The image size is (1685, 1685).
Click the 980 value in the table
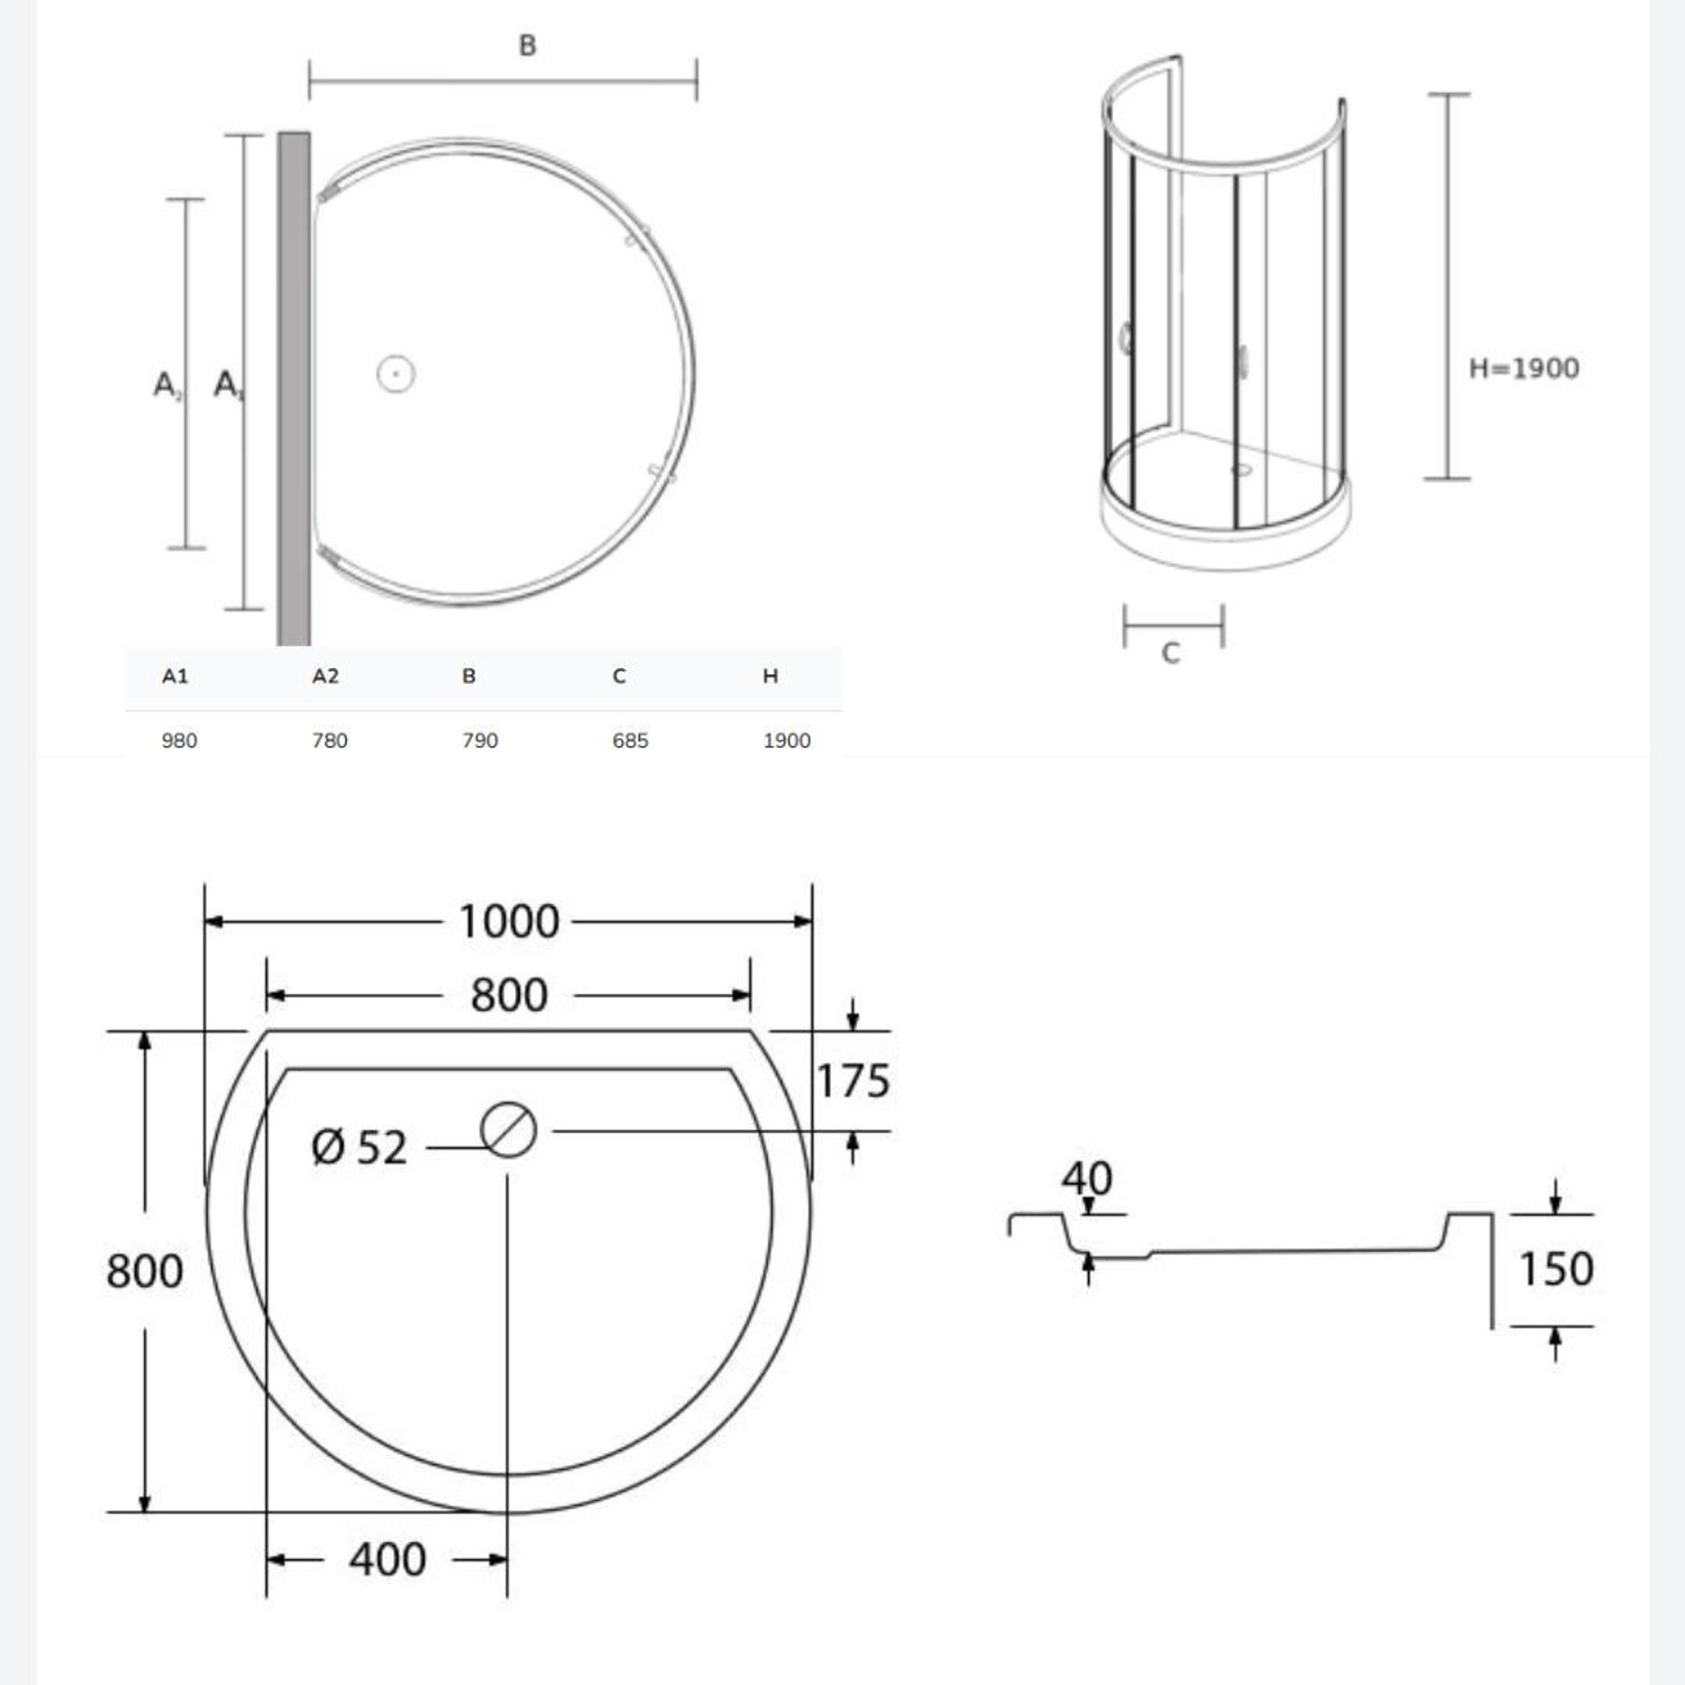[179, 741]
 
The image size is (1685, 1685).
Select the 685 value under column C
[629, 741]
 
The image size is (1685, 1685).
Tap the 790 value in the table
[479, 741]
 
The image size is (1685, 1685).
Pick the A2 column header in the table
[325, 676]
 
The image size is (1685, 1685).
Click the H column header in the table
[770, 676]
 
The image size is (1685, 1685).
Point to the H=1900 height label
[1523, 368]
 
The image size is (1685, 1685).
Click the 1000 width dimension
[509, 922]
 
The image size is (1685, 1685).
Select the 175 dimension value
[853, 1082]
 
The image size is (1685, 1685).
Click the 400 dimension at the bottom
[388, 1559]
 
